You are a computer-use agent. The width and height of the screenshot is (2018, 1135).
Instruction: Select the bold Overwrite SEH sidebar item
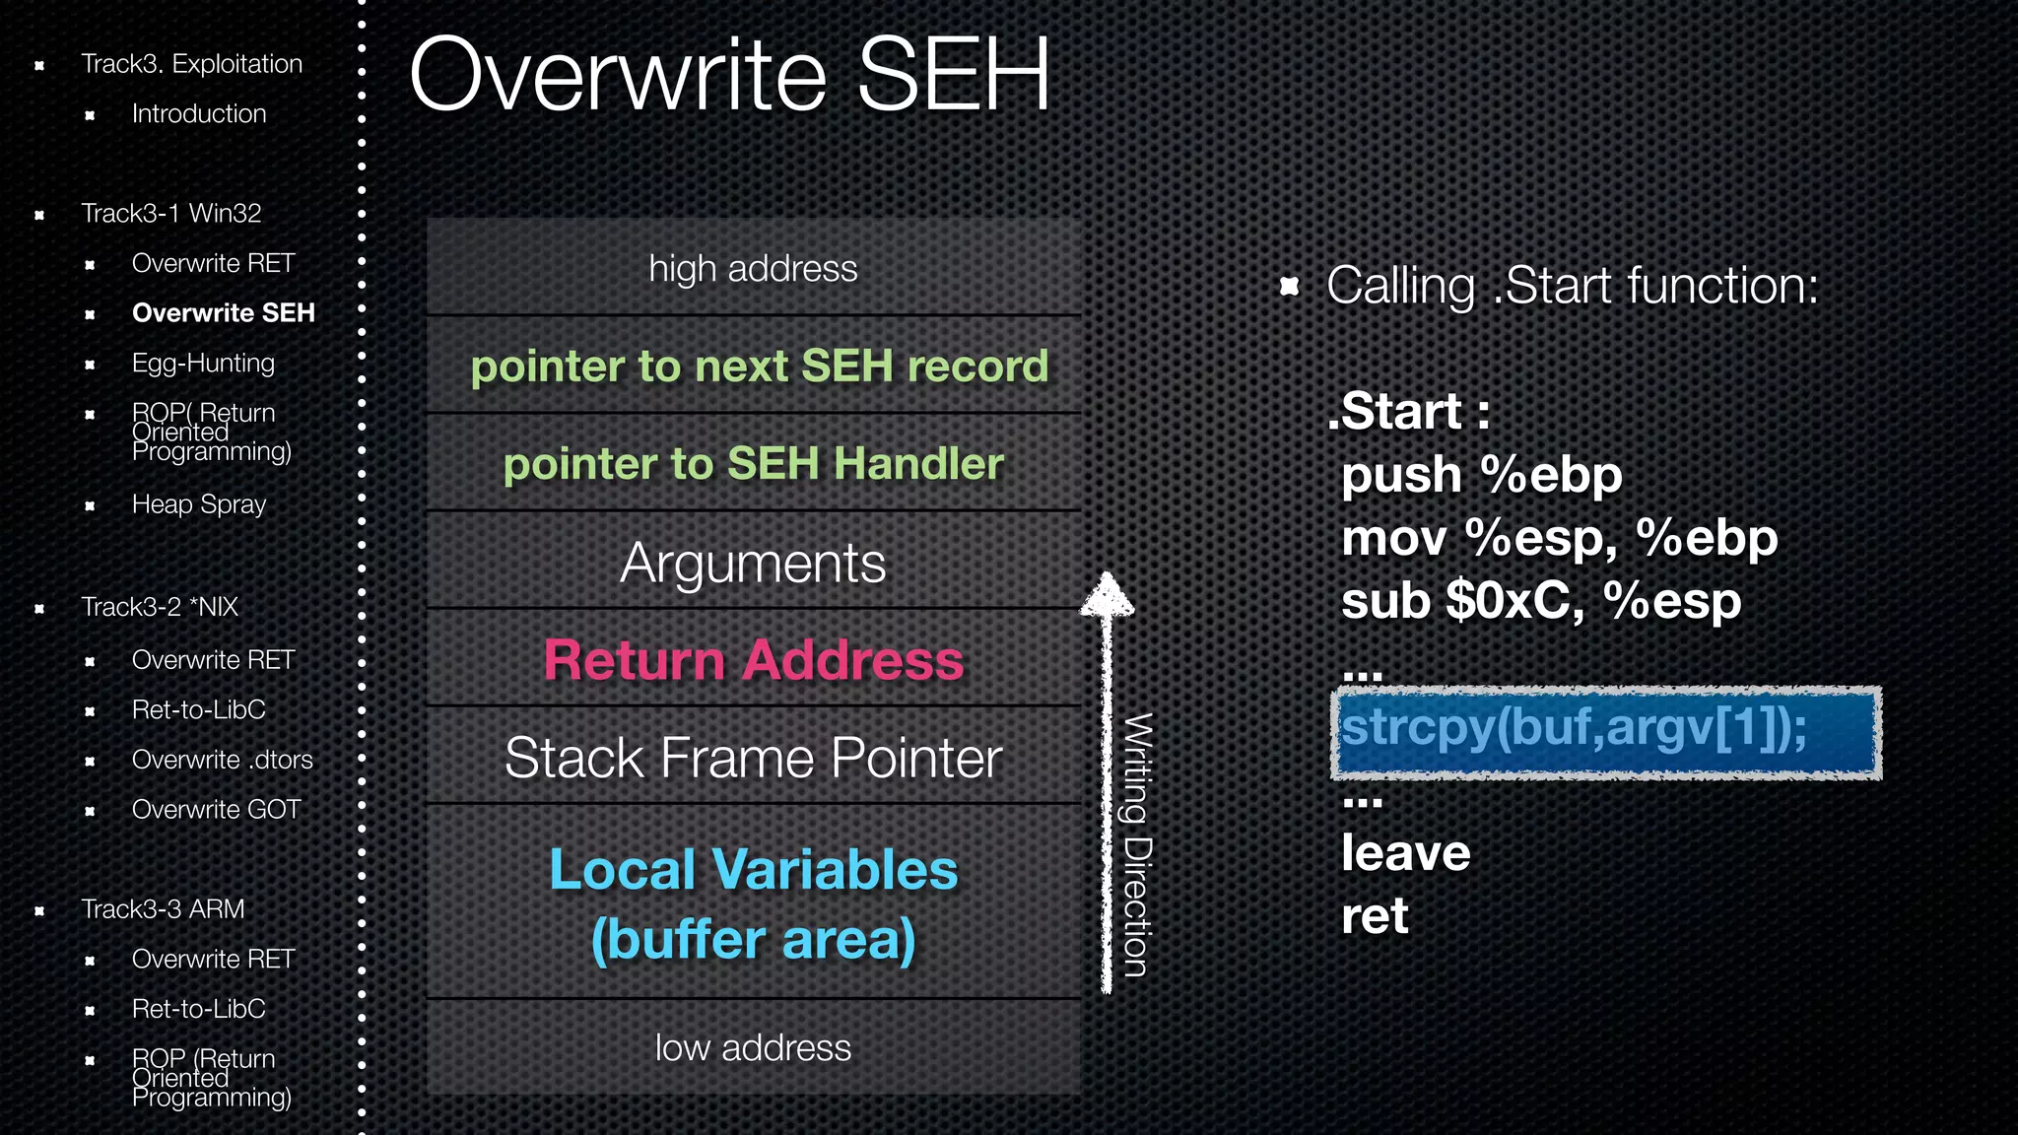tap(223, 313)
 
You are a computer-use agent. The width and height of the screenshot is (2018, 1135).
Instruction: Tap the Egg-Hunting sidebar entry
tap(203, 364)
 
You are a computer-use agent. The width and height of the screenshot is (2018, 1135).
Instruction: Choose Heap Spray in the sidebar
tap(199, 504)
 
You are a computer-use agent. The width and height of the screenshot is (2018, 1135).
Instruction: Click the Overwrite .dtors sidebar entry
tap(222, 760)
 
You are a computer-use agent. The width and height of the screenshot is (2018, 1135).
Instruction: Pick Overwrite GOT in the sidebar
tap(216, 810)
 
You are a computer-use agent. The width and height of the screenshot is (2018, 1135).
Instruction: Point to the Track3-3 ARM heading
tap(163, 908)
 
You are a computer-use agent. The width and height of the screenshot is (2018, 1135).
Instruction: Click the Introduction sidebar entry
tap(199, 114)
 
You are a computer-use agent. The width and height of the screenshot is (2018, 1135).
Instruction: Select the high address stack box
tap(754, 268)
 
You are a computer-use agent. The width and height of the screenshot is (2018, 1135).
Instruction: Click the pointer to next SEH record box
tap(759, 366)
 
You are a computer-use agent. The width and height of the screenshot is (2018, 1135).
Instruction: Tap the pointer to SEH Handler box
tap(754, 463)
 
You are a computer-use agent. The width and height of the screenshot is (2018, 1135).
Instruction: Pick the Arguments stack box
tap(754, 563)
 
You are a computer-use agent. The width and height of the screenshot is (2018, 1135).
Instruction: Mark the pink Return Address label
tap(754, 659)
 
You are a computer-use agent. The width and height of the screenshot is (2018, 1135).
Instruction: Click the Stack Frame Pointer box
tap(754, 758)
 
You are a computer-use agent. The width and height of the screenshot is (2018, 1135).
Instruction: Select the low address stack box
tap(754, 1047)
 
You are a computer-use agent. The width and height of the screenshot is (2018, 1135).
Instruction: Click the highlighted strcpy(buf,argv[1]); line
tap(1606, 732)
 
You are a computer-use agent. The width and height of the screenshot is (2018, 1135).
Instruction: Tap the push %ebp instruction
tap(1481, 475)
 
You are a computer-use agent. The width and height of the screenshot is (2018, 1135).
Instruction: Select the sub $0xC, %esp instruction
tap(1541, 601)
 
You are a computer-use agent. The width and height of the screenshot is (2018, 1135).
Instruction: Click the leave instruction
tap(1405, 853)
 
